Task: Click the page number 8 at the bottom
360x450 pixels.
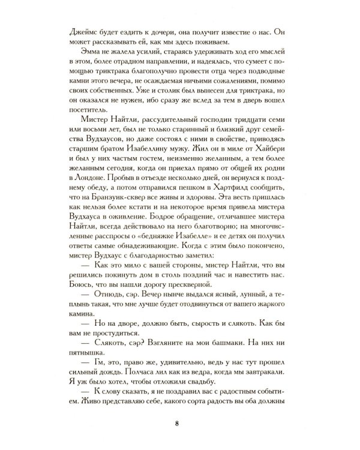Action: (176, 425)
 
